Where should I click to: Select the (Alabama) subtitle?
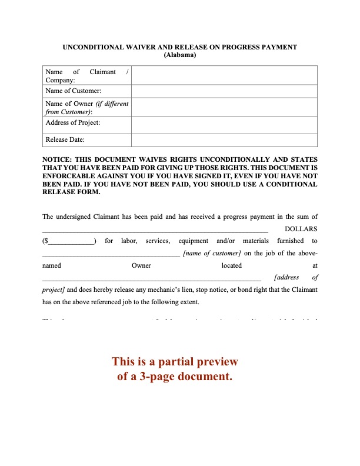tap(180, 55)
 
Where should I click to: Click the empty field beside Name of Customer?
tap(224, 91)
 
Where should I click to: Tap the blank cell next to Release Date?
tap(224, 140)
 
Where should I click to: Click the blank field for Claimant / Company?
tap(224, 75)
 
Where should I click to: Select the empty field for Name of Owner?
tap(224, 107)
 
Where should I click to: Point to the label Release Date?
tap(65, 140)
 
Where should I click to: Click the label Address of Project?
tap(72, 122)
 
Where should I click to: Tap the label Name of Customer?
tap(73, 91)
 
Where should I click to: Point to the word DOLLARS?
tap(301, 229)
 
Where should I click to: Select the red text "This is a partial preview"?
tap(175, 362)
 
